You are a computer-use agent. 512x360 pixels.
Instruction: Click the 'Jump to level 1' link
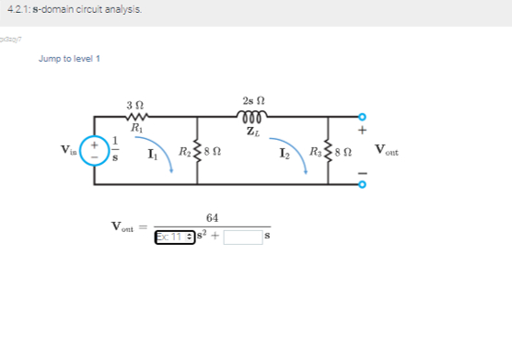pos(70,59)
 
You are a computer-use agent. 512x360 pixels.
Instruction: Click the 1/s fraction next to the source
pos(115,151)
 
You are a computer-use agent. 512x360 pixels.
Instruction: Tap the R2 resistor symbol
pos(196,150)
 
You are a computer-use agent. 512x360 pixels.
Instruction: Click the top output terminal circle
pos(362,117)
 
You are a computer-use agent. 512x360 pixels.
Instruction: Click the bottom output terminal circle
pos(362,183)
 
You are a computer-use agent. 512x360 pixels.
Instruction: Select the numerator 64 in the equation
pos(213,218)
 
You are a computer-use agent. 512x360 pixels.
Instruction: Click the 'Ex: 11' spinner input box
pos(172,237)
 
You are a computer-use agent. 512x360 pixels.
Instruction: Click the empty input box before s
pos(242,237)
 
